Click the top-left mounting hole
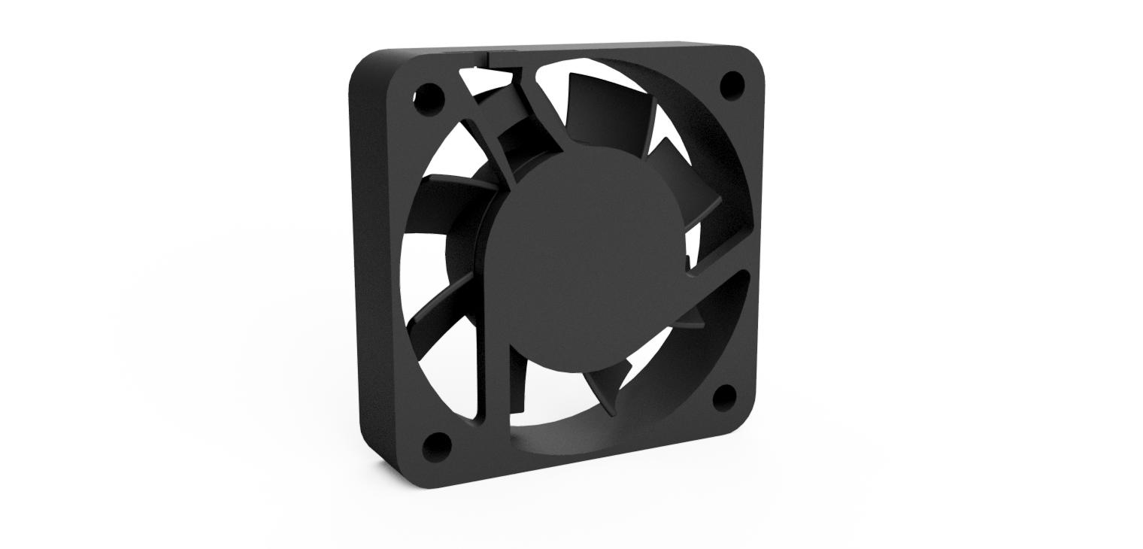(429, 99)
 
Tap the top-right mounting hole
(732, 84)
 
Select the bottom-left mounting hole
(437, 447)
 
